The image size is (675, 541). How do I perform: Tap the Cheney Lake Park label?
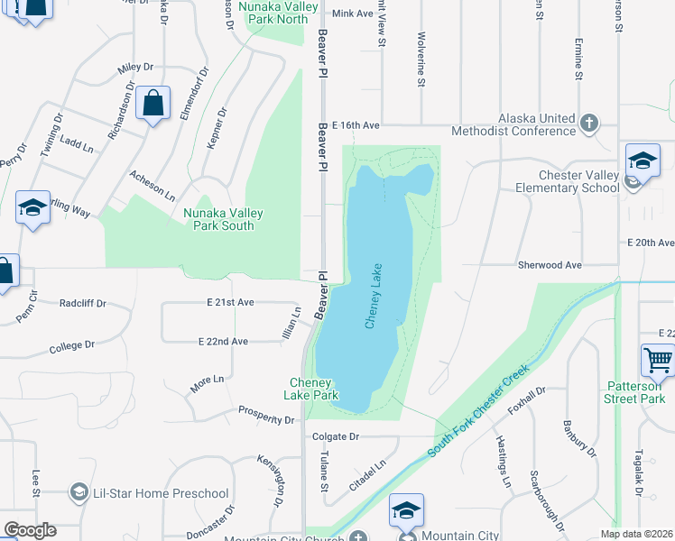[313, 389]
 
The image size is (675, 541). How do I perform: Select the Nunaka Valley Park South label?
[224, 219]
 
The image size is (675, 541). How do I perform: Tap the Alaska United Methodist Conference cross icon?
[589, 123]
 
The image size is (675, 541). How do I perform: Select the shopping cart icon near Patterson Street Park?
[658, 360]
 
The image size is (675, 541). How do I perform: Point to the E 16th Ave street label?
[355, 125]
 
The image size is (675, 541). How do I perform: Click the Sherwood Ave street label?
[550, 265]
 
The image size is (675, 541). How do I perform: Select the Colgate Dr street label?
[335, 436]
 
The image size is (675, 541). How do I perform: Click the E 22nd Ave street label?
[223, 342]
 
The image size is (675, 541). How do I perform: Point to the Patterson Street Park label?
[635, 392]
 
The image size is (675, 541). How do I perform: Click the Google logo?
[30, 530]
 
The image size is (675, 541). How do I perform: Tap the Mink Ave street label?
[352, 14]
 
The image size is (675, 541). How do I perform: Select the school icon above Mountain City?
[406, 510]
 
